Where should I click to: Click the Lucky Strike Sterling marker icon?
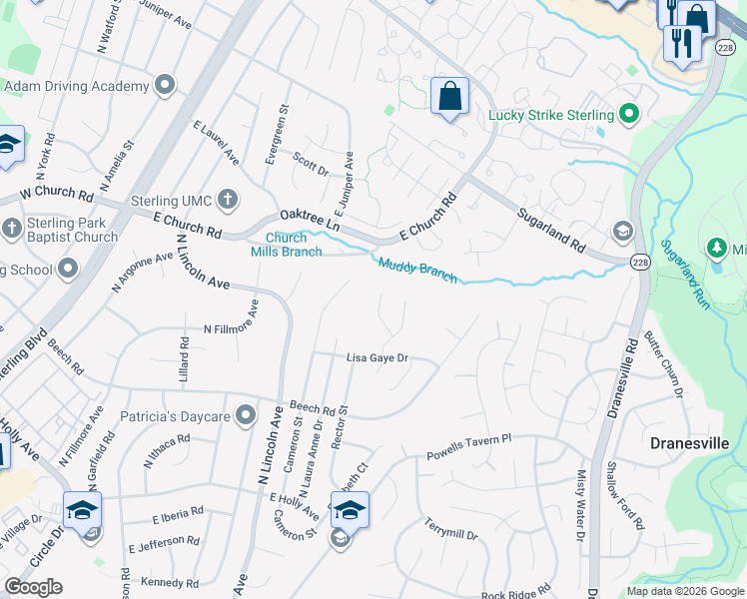(629, 115)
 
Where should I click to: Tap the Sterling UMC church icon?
(228, 201)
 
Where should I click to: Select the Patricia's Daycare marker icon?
(247, 417)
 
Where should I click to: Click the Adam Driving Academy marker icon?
(166, 86)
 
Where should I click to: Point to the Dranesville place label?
(689, 442)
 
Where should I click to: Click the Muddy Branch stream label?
(416, 270)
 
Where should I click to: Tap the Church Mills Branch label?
(286, 245)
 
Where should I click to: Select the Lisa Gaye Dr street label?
(377, 357)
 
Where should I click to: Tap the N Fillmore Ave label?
(231, 328)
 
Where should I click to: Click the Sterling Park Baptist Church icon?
(12, 228)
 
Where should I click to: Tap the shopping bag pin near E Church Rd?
(450, 97)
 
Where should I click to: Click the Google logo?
(33, 587)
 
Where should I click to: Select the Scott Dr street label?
(311, 164)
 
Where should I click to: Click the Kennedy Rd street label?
(170, 582)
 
